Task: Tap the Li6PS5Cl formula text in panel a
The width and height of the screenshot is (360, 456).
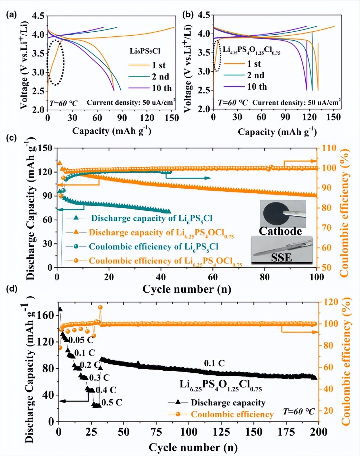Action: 145,51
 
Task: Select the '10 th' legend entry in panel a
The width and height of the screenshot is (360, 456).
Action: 162,88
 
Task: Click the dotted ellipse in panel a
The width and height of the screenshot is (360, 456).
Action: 55,62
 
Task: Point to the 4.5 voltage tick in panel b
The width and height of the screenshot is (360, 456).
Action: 204,15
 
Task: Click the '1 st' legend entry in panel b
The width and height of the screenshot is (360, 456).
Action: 254,64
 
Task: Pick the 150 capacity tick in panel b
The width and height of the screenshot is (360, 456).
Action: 333,117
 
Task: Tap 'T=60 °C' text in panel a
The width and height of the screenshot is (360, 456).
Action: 64,103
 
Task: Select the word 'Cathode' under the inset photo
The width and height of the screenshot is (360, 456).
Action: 280,231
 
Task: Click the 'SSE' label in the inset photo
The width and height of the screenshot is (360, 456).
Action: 282,257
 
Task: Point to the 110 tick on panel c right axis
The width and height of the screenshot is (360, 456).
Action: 329,148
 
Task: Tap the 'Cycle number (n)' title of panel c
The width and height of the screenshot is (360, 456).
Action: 187,289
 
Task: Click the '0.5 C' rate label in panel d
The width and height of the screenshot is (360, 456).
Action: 112,402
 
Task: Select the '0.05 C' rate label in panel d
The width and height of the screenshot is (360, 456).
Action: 81,340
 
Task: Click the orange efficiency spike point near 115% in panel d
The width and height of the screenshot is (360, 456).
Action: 100,307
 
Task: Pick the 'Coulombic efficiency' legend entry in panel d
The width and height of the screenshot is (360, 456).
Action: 232,414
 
